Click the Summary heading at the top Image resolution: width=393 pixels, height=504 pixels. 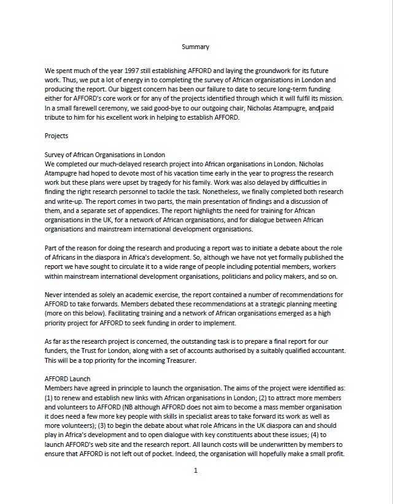pos(196,47)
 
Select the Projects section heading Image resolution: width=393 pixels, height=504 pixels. pos(56,136)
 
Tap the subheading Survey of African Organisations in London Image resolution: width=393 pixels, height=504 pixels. pos(105,155)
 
